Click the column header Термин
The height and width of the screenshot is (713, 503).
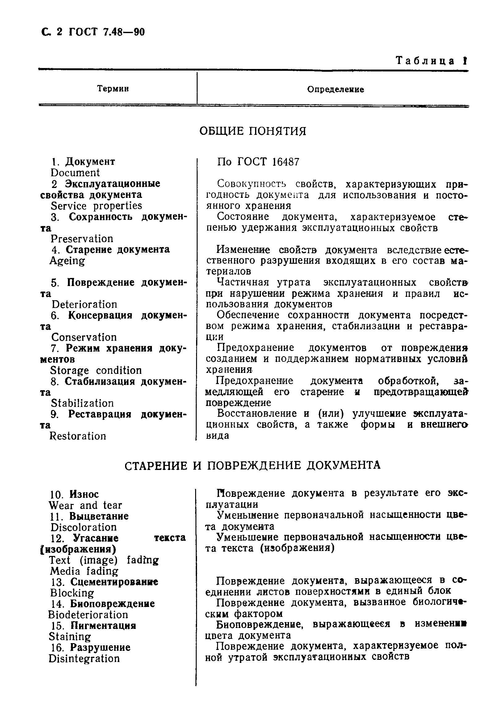(x=113, y=89)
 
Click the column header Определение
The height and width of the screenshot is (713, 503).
(x=336, y=89)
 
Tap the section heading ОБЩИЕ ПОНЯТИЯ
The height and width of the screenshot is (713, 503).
(x=253, y=131)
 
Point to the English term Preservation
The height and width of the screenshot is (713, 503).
(x=82, y=239)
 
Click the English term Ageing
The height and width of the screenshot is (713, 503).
(x=67, y=261)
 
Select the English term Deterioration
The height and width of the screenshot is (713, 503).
(x=84, y=304)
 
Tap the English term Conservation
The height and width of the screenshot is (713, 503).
(x=84, y=337)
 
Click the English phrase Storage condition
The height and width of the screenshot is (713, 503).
(x=95, y=370)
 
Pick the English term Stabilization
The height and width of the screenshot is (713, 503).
(x=82, y=403)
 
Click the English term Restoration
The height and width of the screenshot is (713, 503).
(x=78, y=436)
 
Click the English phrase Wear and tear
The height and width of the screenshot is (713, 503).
(x=85, y=505)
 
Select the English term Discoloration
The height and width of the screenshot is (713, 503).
(x=83, y=527)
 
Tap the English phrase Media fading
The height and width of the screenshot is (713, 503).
(x=84, y=571)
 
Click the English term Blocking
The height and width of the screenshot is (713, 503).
(x=72, y=593)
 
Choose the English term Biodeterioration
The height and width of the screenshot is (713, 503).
(x=88, y=615)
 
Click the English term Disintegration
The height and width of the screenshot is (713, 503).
(x=84, y=658)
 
